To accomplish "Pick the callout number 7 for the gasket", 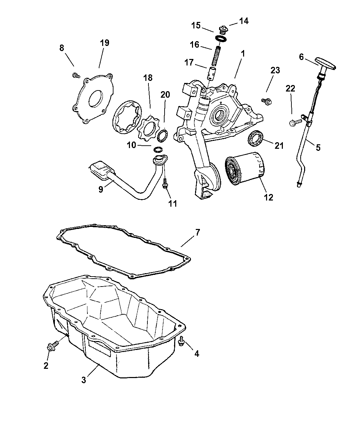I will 197,233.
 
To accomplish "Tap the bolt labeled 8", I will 76,75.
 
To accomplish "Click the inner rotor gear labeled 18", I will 147,129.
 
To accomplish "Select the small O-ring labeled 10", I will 158,150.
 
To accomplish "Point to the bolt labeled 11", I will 165,184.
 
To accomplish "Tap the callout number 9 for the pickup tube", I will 101,189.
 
